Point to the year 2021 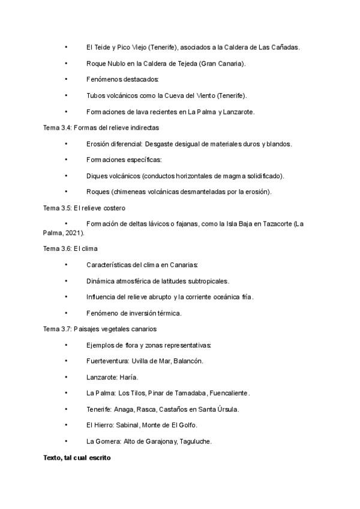point(74,232)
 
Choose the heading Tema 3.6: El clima point(70,248)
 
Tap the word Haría point(129,377)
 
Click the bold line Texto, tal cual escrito point(77,457)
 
